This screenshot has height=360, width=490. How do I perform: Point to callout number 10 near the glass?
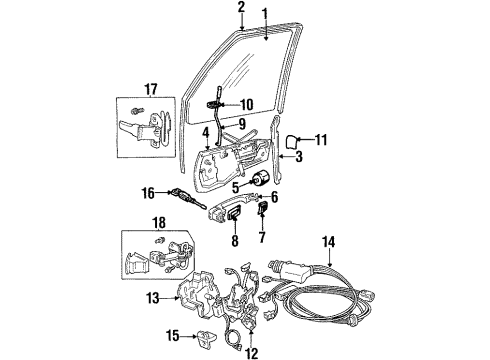point(247,102)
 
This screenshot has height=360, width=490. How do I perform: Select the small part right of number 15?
point(181,336)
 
